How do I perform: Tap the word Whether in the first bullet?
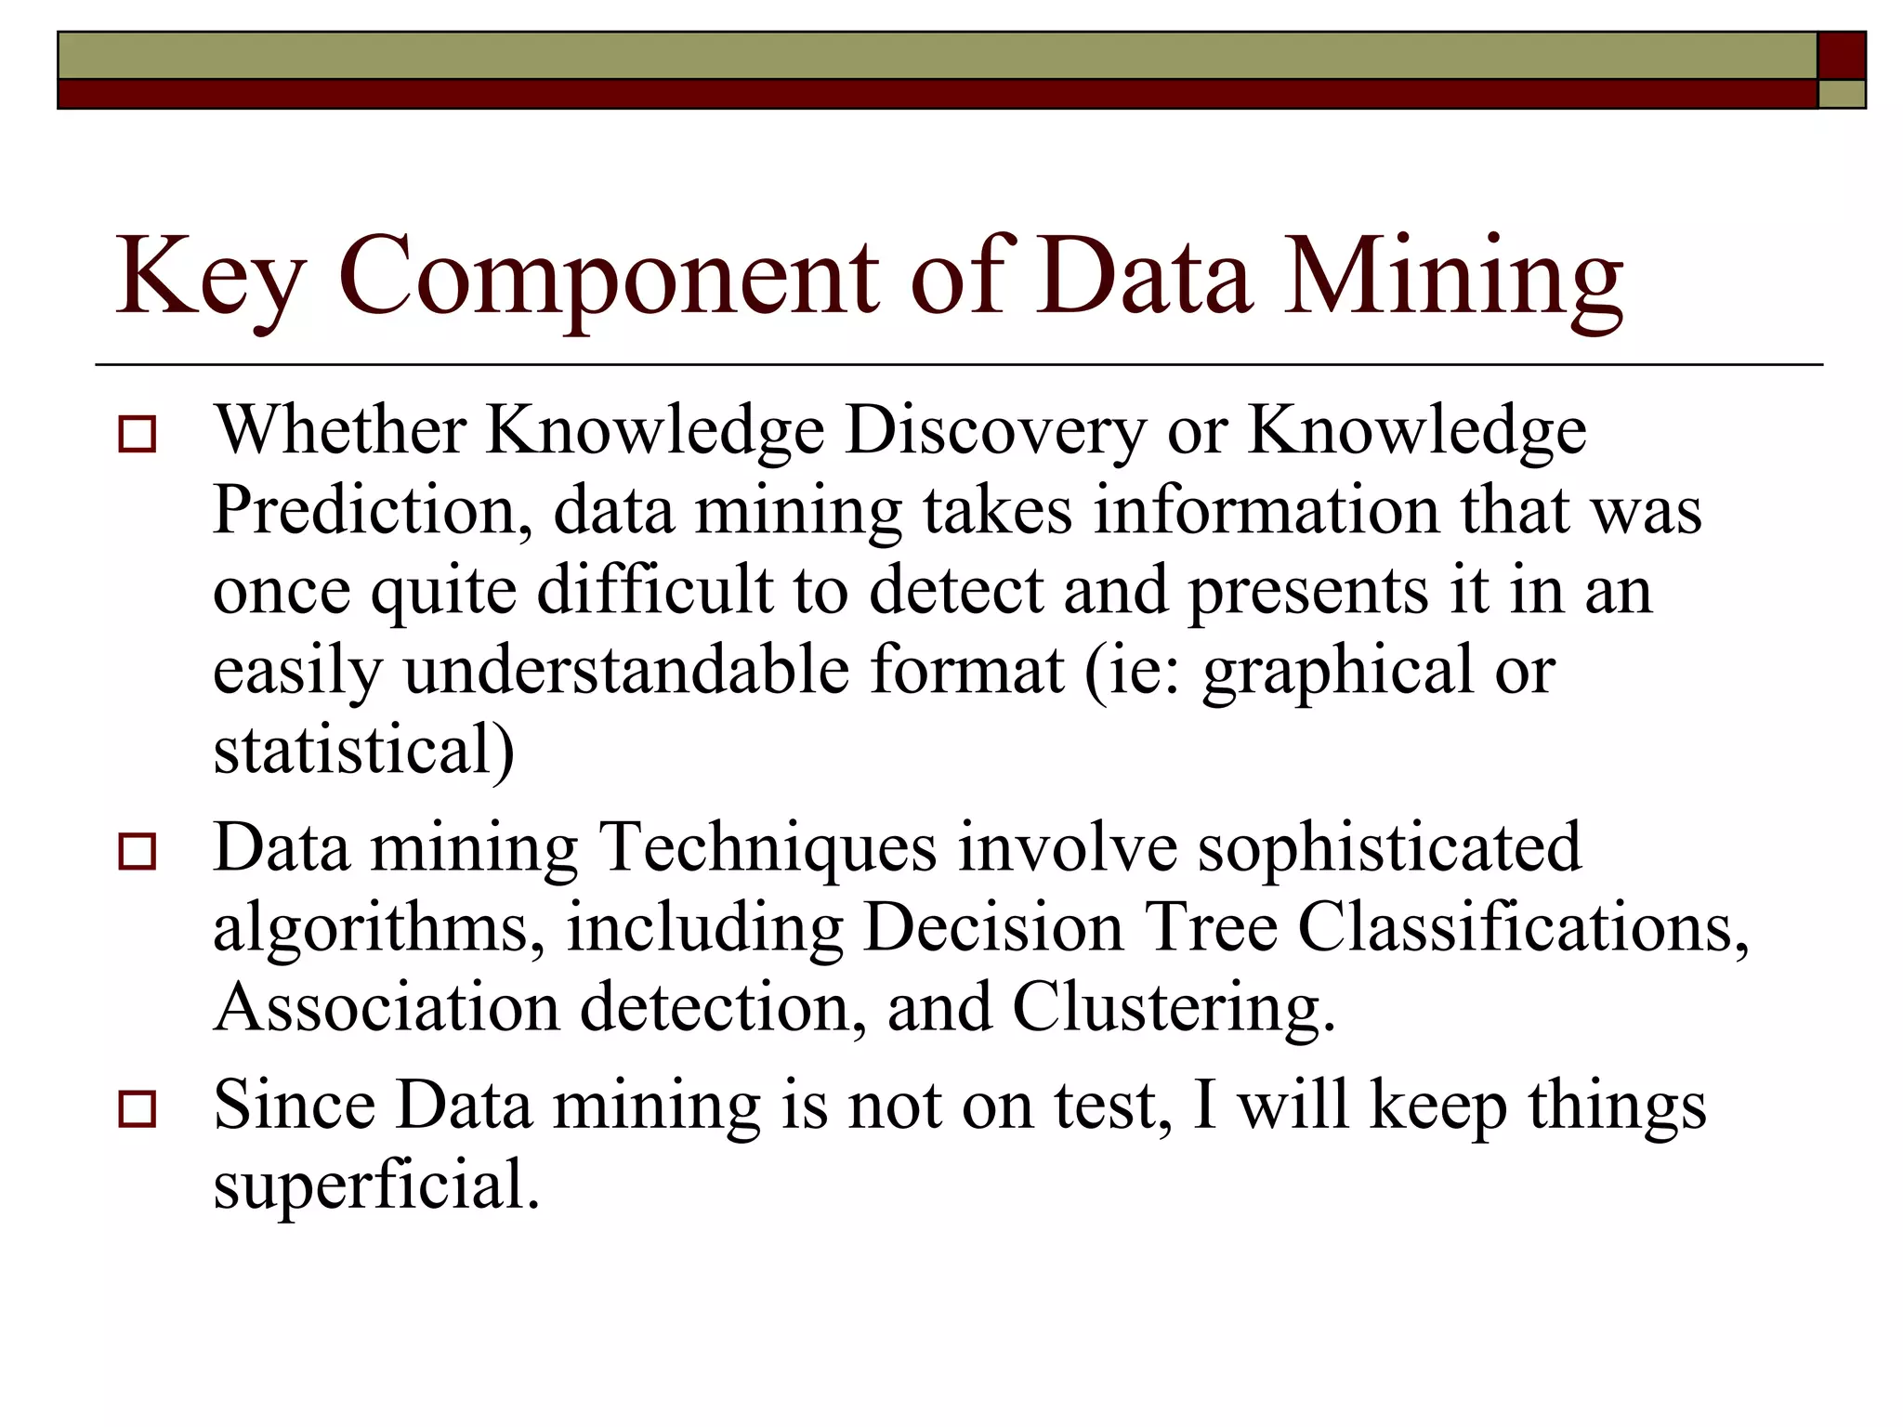(x=340, y=431)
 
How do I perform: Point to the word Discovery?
(x=995, y=431)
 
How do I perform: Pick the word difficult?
(x=655, y=591)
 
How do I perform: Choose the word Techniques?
(x=768, y=848)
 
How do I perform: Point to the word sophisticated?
(x=1388, y=848)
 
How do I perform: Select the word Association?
(x=387, y=1008)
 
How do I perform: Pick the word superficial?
(x=375, y=1185)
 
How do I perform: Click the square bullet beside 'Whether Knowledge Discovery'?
(x=138, y=435)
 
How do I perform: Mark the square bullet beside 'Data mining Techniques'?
(x=138, y=851)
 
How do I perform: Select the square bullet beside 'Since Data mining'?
(x=138, y=1108)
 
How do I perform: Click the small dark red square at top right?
(x=1841, y=56)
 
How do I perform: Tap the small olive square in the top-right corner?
(x=1841, y=94)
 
